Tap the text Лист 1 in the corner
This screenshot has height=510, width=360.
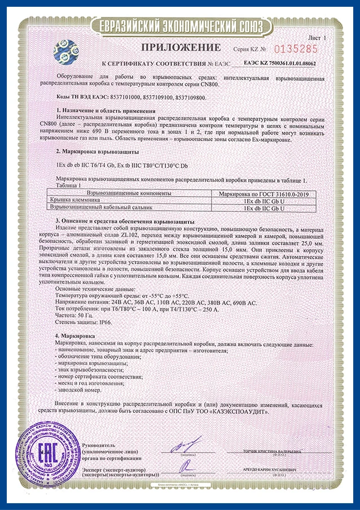click(331, 36)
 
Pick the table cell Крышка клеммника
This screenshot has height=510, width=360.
click(74, 200)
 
